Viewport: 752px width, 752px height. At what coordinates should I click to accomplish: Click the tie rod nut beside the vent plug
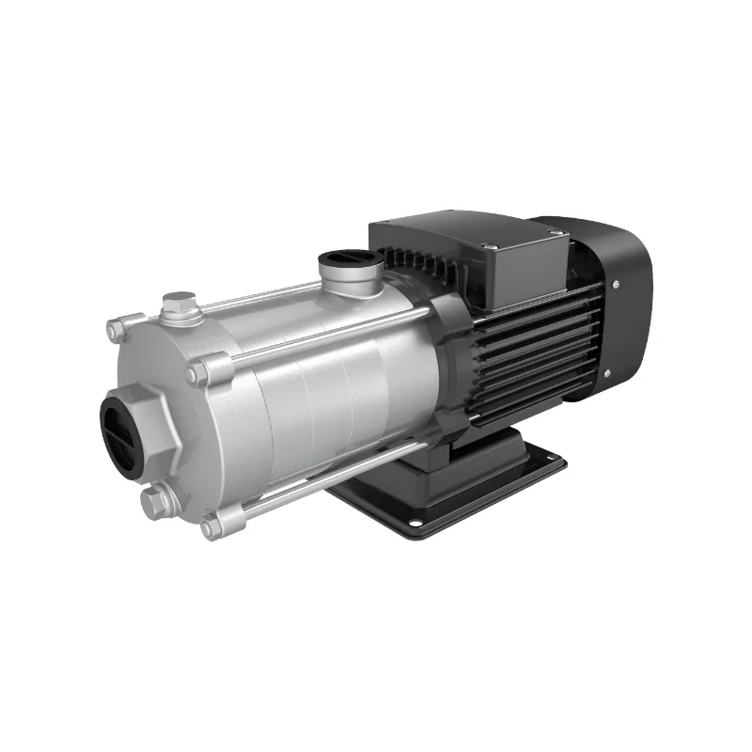tap(117, 330)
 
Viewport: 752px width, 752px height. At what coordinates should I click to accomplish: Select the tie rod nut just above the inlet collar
tap(198, 373)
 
